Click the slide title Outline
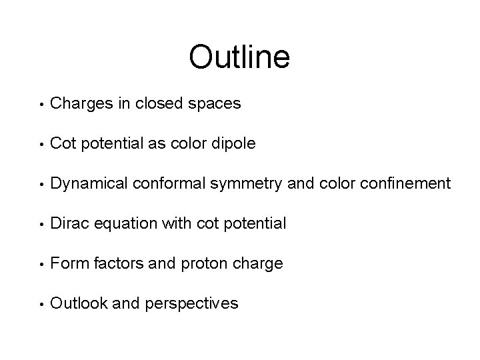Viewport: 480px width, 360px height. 239,57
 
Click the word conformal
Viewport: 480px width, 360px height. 166,183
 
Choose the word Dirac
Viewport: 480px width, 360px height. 70,223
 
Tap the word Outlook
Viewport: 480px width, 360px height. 79,303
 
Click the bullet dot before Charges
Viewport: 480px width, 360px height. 41,105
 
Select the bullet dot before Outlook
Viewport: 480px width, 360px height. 41,305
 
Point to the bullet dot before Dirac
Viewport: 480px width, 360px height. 41,225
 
